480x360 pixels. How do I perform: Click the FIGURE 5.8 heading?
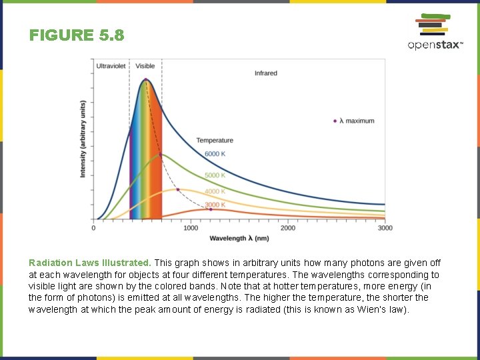click(77, 35)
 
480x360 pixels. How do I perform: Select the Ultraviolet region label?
click(111, 66)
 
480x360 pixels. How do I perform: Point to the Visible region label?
click(145, 66)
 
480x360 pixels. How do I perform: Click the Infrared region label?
click(265, 73)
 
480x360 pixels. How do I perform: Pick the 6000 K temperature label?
click(215, 154)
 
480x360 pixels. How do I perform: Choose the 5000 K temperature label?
click(215, 175)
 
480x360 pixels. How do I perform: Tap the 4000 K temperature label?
click(215, 191)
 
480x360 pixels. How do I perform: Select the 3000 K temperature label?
click(215, 205)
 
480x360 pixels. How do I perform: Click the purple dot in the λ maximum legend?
click(335, 121)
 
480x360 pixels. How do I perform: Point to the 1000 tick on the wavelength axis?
click(191, 228)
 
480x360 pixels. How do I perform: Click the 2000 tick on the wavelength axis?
click(288, 228)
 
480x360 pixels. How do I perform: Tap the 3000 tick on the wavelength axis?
click(385, 228)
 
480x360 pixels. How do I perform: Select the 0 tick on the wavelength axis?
click(93, 228)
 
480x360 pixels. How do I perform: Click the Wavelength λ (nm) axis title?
click(239, 238)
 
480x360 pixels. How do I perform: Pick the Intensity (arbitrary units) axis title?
click(83, 139)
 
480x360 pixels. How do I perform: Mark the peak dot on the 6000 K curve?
click(145, 80)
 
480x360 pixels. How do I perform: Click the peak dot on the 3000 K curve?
click(211, 209)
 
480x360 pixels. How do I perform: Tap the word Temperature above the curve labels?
click(215, 140)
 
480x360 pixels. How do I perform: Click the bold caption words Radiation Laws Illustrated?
click(89, 263)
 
